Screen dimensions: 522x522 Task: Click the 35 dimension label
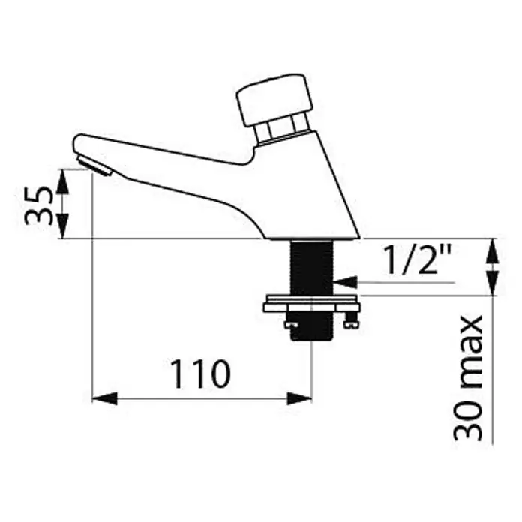click(x=39, y=205)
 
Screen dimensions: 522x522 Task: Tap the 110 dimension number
click(x=200, y=373)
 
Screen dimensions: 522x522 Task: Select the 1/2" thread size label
click(x=417, y=259)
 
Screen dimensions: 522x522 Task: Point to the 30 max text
click(x=469, y=378)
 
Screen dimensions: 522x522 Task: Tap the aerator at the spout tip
click(x=94, y=166)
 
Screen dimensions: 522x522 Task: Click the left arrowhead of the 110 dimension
click(x=104, y=398)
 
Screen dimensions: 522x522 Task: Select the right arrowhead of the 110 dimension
click(x=299, y=398)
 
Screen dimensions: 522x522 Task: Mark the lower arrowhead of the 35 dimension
click(x=62, y=226)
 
